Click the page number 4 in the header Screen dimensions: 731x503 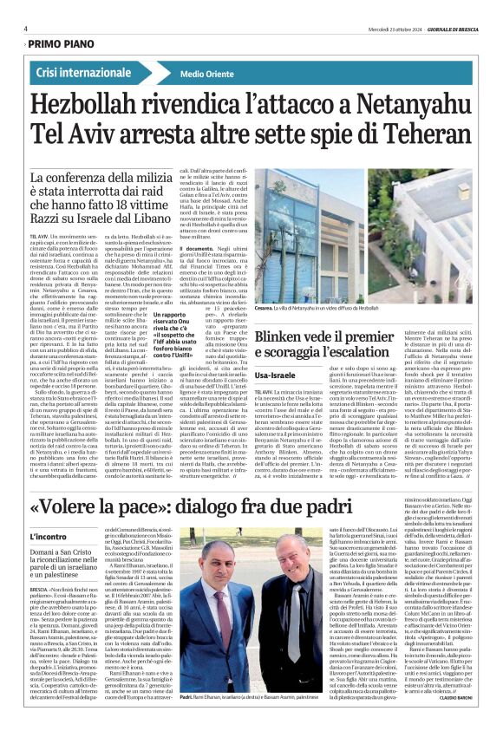[26, 29]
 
